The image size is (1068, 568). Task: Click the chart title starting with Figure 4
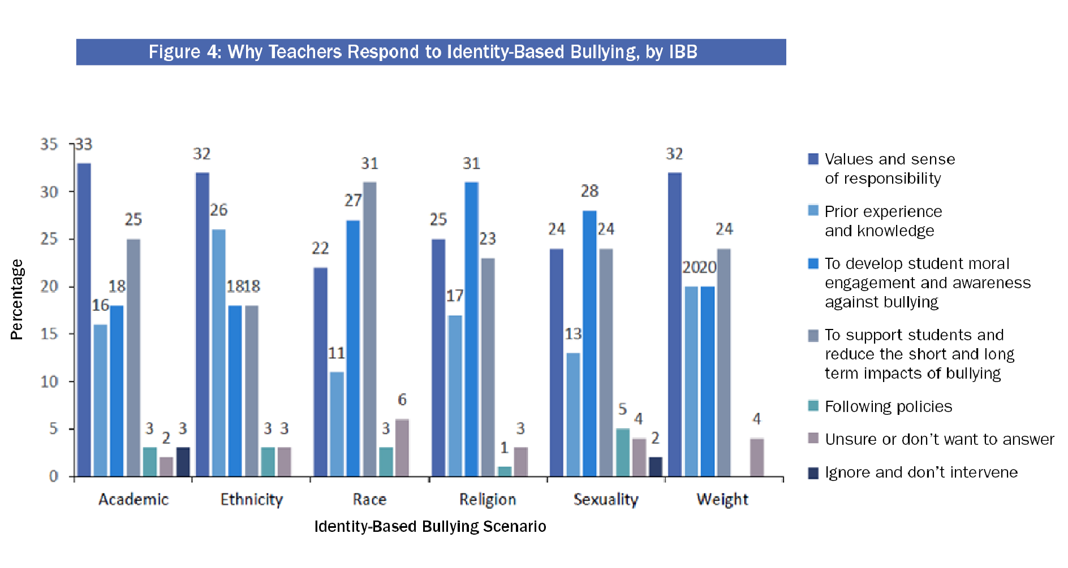423,52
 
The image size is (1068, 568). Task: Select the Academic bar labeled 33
84,319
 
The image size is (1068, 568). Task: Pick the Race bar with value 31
370,328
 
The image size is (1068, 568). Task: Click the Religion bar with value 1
505,471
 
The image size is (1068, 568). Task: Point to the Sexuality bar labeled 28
589,343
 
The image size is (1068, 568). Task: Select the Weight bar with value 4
757,457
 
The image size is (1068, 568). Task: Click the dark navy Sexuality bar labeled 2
656,466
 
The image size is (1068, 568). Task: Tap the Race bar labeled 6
402,447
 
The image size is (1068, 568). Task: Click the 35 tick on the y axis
49,144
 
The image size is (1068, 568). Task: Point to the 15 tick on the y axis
49,334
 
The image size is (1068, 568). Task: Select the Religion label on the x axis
488,500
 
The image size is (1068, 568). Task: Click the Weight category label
722,500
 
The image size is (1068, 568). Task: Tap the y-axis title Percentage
17,300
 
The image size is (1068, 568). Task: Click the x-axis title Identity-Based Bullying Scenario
430,527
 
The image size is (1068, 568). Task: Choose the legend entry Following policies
888,406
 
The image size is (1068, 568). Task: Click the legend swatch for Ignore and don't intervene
813,473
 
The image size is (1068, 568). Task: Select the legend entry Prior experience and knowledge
883,221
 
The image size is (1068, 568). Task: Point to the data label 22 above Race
320,248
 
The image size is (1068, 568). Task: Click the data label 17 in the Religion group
455,296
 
